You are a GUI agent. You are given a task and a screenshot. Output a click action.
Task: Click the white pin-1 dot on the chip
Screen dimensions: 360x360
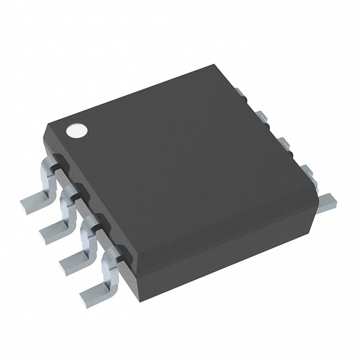tap(77, 130)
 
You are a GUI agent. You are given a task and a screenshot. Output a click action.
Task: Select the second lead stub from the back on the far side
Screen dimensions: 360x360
tap(262, 116)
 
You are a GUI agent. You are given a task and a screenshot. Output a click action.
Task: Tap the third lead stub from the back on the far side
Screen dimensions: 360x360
tap(284, 143)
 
